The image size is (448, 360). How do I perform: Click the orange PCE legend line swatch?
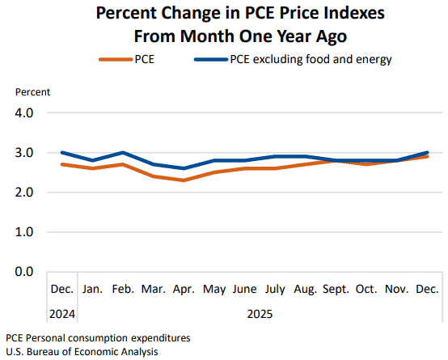click(116, 60)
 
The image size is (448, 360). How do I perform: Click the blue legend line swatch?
click(211, 60)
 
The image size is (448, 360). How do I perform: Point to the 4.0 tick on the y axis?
click(24, 113)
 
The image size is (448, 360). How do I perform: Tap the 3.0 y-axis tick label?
click(24, 153)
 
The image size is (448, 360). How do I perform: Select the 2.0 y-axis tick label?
click(24, 193)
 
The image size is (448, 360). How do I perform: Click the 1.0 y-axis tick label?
click(24, 232)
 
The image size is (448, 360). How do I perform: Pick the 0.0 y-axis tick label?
click(24, 271)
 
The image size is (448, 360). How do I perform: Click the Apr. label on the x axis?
click(184, 290)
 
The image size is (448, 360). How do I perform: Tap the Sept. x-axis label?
click(336, 290)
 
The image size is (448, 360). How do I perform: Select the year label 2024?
click(62, 314)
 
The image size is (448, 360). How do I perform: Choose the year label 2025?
click(260, 314)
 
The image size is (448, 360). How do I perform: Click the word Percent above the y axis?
click(32, 92)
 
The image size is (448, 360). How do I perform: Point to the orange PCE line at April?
click(184, 180)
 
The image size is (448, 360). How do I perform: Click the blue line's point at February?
click(123, 153)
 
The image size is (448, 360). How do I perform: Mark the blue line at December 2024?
click(62, 153)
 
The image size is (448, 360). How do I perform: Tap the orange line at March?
click(154, 176)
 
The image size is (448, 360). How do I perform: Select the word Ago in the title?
click(331, 37)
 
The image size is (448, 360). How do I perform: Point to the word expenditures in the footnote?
click(161, 338)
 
